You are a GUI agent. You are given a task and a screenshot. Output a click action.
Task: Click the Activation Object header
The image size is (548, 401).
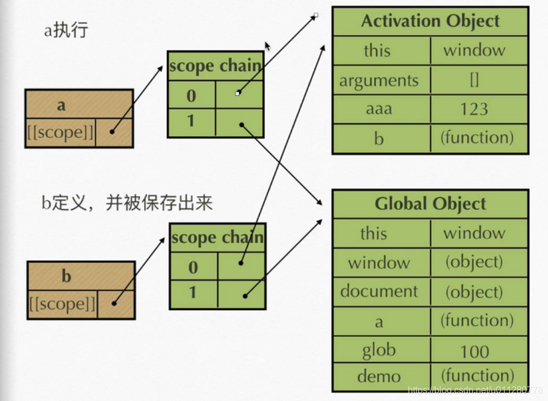click(430, 22)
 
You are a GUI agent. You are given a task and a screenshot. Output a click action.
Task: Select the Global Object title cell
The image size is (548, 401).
click(430, 204)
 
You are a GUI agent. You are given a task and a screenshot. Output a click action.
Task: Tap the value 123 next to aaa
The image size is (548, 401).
click(474, 109)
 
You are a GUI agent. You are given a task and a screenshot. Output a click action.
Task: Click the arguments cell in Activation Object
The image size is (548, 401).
click(379, 81)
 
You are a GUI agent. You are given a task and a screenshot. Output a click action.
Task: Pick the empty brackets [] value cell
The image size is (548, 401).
click(474, 80)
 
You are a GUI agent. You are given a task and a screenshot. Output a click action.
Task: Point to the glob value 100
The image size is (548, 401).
click(474, 351)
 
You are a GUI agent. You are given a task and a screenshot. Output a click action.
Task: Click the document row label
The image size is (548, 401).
click(379, 291)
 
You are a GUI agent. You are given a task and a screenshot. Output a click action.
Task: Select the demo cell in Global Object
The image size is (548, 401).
click(379, 376)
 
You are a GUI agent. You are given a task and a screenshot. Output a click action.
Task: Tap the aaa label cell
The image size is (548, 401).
click(379, 109)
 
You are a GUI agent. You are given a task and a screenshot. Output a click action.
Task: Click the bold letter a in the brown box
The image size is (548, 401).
click(62, 105)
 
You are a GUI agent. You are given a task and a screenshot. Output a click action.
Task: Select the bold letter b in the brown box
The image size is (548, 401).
click(67, 276)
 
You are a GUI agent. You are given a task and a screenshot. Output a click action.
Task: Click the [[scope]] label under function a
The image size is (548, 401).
click(60, 133)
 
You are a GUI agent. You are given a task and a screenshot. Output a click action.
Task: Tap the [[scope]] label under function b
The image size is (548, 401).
click(62, 304)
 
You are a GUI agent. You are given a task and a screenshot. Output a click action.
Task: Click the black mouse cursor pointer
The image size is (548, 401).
click(267, 46)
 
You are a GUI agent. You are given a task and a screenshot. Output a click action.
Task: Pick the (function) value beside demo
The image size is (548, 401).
click(477, 376)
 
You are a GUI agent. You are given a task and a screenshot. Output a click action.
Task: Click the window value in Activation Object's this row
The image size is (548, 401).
click(474, 50)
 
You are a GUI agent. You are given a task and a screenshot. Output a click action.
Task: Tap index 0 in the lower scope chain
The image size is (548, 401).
click(193, 267)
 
